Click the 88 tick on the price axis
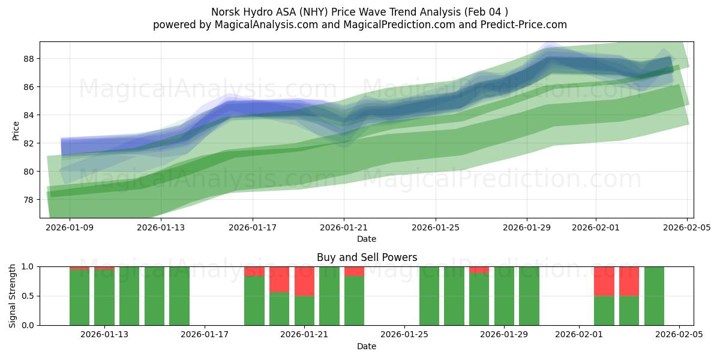pos(29,59)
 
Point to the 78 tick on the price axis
pos(29,200)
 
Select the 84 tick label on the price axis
pos(29,115)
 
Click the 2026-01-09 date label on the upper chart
pos(70,227)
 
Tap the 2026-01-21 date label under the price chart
pos(344,227)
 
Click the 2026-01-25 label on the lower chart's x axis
pos(404,335)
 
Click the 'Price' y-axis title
pos(16,130)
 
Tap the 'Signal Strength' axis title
pos(13,296)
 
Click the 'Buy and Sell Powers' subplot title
pos(367,258)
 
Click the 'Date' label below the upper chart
pos(367,239)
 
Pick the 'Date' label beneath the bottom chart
pos(367,346)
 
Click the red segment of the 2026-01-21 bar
pos(304,281)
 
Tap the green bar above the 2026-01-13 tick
pos(104,297)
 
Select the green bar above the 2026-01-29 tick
pos(504,296)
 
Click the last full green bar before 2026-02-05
pos(654,296)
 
